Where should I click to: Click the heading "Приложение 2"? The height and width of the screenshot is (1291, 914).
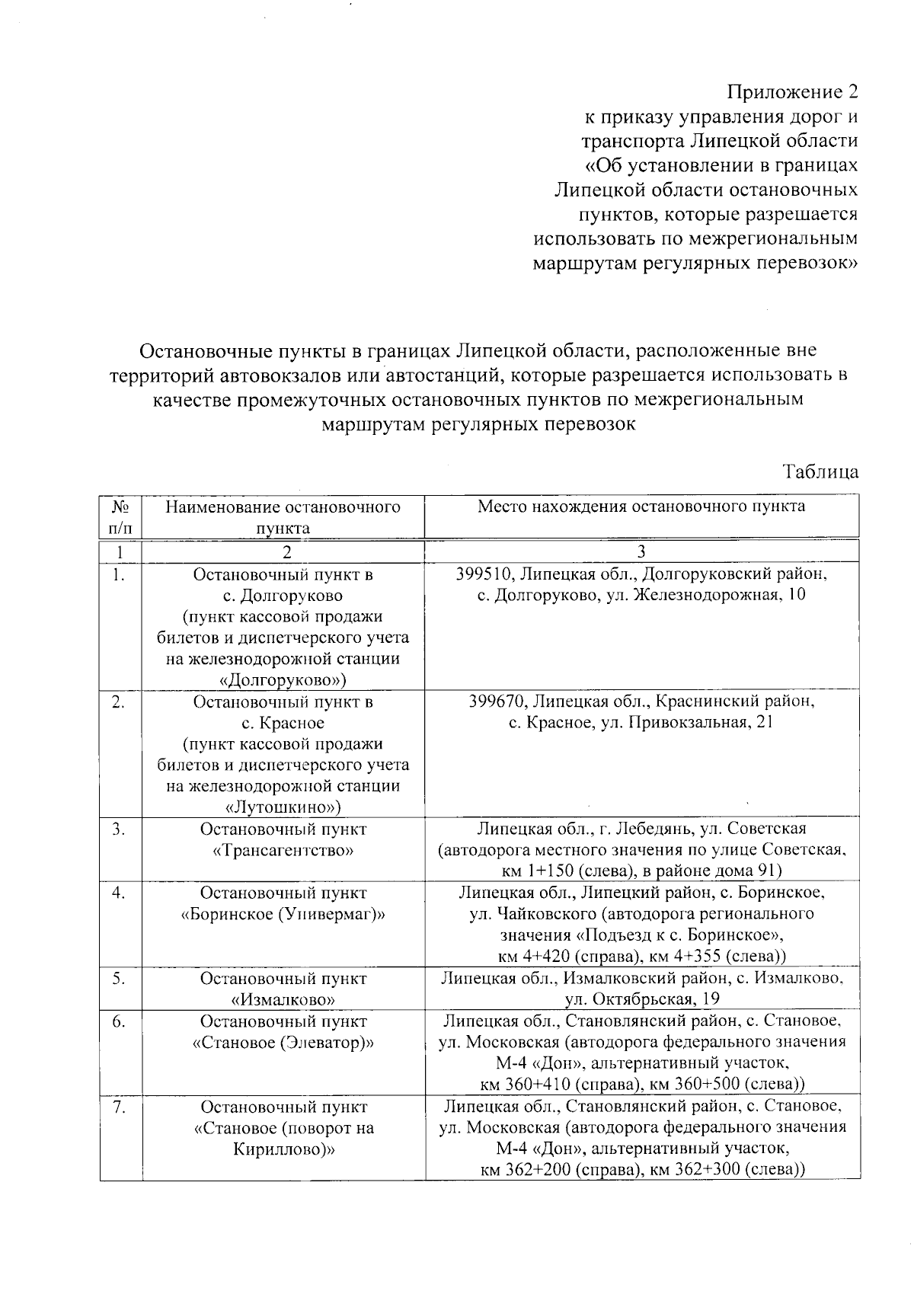(x=792, y=92)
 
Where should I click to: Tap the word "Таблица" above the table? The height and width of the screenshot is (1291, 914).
(x=821, y=471)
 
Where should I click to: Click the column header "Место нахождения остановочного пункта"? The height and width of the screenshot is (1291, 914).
(x=641, y=507)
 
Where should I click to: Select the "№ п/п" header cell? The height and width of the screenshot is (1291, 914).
(x=120, y=516)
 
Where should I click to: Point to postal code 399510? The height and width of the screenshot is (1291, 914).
(x=482, y=574)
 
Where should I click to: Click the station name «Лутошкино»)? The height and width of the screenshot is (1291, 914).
(x=283, y=807)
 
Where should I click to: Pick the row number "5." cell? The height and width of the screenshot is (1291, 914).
(x=119, y=978)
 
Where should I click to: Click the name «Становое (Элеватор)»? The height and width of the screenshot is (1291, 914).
(x=283, y=1042)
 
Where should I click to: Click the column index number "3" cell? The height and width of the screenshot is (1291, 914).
(x=641, y=552)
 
